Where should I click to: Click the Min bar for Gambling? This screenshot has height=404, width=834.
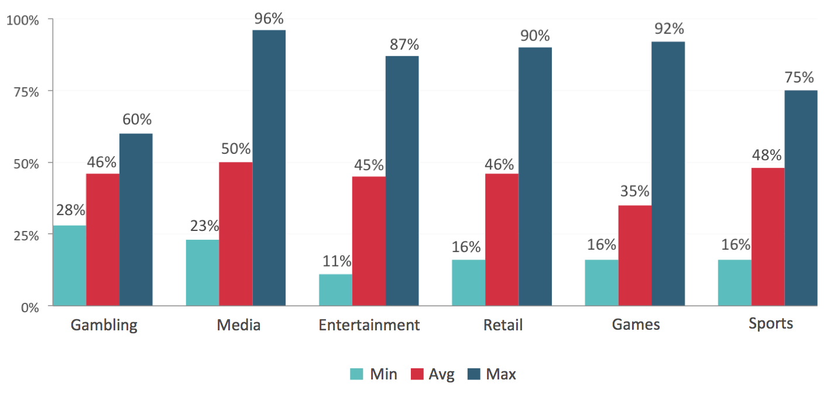[x=69, y=265]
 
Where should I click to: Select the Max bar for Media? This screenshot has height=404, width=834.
[x=269, y=168]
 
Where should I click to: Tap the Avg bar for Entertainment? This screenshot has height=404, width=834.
[x=369, y=241]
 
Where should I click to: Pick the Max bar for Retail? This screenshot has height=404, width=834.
[x=535, y=177]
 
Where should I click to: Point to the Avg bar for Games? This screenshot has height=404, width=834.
[x=634, y=255]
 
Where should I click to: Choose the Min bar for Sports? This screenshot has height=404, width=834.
[x=734, y=282]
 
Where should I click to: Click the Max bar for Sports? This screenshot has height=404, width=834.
[x=801, y=198]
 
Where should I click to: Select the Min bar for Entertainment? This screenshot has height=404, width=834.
[x=335, y=290]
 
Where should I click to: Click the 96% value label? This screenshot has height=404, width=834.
[x=269, y=19]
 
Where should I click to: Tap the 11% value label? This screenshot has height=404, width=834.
[x=335, y=261]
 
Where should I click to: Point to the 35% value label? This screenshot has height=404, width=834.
[x=634, y=192]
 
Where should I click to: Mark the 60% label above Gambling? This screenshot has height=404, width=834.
[x=137, y=120]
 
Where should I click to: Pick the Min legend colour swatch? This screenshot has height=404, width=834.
[x=357, y=374]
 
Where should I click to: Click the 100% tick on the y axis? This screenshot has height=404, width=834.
[x=22, y=20]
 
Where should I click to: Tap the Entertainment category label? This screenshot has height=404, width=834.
[x=369, y=325]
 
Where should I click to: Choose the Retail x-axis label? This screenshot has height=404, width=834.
[x=503, y=325]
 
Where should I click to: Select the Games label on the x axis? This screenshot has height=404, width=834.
[x=636, y=325]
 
